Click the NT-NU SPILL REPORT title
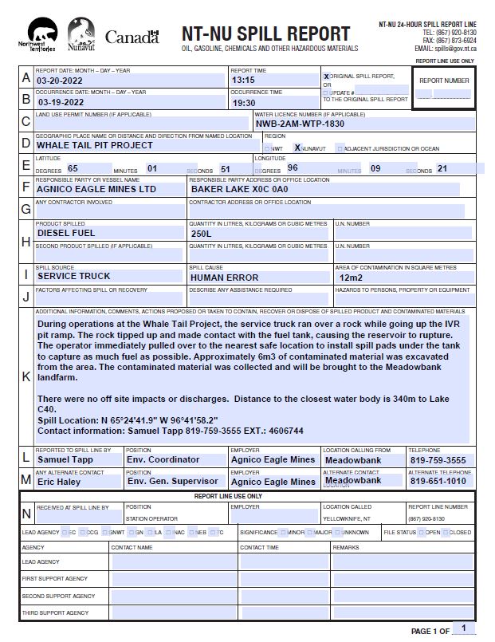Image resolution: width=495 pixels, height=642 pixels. point(265,33)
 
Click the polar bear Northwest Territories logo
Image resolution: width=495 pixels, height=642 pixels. point(37,36)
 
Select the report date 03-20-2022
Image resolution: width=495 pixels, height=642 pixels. point(61,81)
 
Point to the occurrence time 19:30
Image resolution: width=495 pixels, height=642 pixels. point(243,102)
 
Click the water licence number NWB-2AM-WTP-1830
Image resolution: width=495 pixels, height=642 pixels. point(301,124)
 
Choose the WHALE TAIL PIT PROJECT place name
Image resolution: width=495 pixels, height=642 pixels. point(95,146)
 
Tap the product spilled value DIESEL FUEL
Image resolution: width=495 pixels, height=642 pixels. point(66,234)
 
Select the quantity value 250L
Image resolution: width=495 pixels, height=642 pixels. point(202,234)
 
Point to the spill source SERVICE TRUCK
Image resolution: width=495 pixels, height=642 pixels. point(74,277)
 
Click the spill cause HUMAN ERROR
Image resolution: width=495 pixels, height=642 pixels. point(219,278)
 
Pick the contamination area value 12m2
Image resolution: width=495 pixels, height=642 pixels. point(352,278)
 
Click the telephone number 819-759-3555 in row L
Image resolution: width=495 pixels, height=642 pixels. point(438,460)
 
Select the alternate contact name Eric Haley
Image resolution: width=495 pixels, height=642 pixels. point(59,482)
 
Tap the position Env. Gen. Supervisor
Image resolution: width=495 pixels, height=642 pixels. point(172,482)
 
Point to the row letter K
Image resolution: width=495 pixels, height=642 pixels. point(27,376)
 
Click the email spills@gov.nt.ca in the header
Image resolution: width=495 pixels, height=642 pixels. point(452,49)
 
